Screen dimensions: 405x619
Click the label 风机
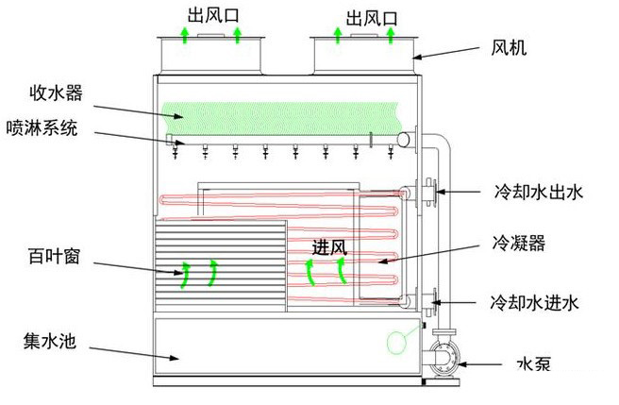(x=509, y=46)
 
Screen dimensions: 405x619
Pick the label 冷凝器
(x=519, y=244)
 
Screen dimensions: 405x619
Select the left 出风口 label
(x=210, y=16)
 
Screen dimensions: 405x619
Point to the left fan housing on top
(x=209, y=52)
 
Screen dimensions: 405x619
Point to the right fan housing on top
(x=362, y=52)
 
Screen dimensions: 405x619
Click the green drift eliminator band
(x=283, y=115)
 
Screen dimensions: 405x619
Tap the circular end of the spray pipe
(x=404, y=141)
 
